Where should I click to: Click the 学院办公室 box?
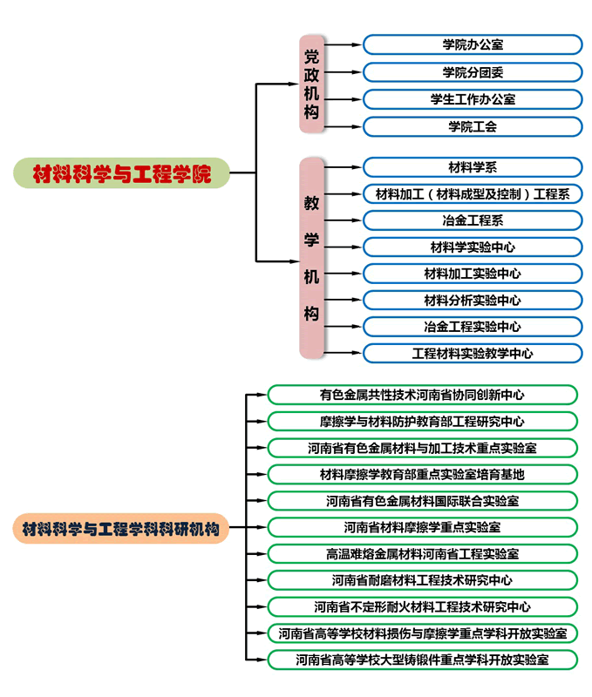pos(473,44)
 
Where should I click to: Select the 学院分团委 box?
pos(473,71)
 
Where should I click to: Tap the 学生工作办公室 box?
pos(473,99)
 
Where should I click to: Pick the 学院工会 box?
pos(473,126)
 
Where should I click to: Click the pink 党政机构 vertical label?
pos(311,84)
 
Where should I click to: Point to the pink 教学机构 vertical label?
pos(311,258)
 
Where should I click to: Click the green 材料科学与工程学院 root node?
pos(121,173)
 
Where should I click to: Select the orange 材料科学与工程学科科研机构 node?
pos(120,528)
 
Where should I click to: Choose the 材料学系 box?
pos(473,166)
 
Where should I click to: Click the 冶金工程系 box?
pos(473,220)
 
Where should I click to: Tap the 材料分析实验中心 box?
pos(473,301)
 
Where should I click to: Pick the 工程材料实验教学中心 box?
pos(473,354)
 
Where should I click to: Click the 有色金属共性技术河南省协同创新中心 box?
pos(422,395)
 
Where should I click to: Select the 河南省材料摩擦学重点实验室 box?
pos(422,527)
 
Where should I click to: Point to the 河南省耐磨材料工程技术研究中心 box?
pos(422,580)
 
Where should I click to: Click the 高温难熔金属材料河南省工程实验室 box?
pos(422,554)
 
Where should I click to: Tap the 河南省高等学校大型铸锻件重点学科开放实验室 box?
pos(422,660)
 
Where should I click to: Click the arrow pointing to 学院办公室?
pos(344,44)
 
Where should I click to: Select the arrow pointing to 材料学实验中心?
pos(344,247)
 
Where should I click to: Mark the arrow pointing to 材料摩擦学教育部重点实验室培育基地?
pos(257,475)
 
